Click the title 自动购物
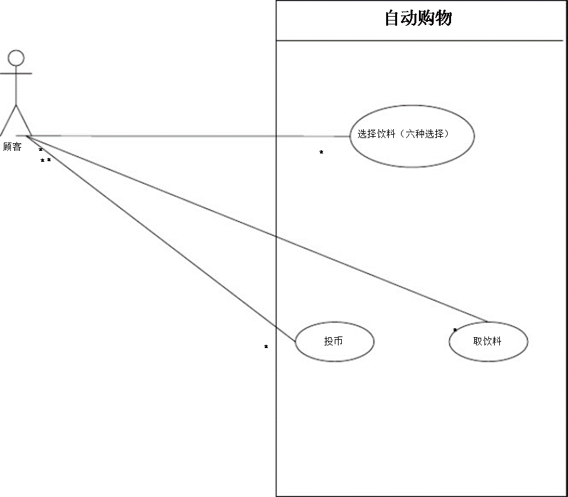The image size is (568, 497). click(x=418, y=18)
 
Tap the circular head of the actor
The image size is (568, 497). click(x=16, y=58)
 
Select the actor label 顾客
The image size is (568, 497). click(x=12, y=147)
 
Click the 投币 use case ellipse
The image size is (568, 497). click(x=334, y=341)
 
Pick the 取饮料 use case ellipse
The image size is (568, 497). click(x=488, y=342)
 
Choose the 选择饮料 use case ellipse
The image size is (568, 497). click(x=412, y=135)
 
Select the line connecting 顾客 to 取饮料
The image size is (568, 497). click(x=257, y=229)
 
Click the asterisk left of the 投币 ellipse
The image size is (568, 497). click(x=266, y=347)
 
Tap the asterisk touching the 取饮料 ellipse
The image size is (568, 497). click(x=455, y=331)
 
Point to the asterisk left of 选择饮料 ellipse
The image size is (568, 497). click(x=321, y=153)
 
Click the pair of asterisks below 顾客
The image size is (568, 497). click(x=45, y=161)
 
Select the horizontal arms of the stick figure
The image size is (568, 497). click(x=16, y=74)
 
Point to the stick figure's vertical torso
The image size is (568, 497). click(x=16, y=87)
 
